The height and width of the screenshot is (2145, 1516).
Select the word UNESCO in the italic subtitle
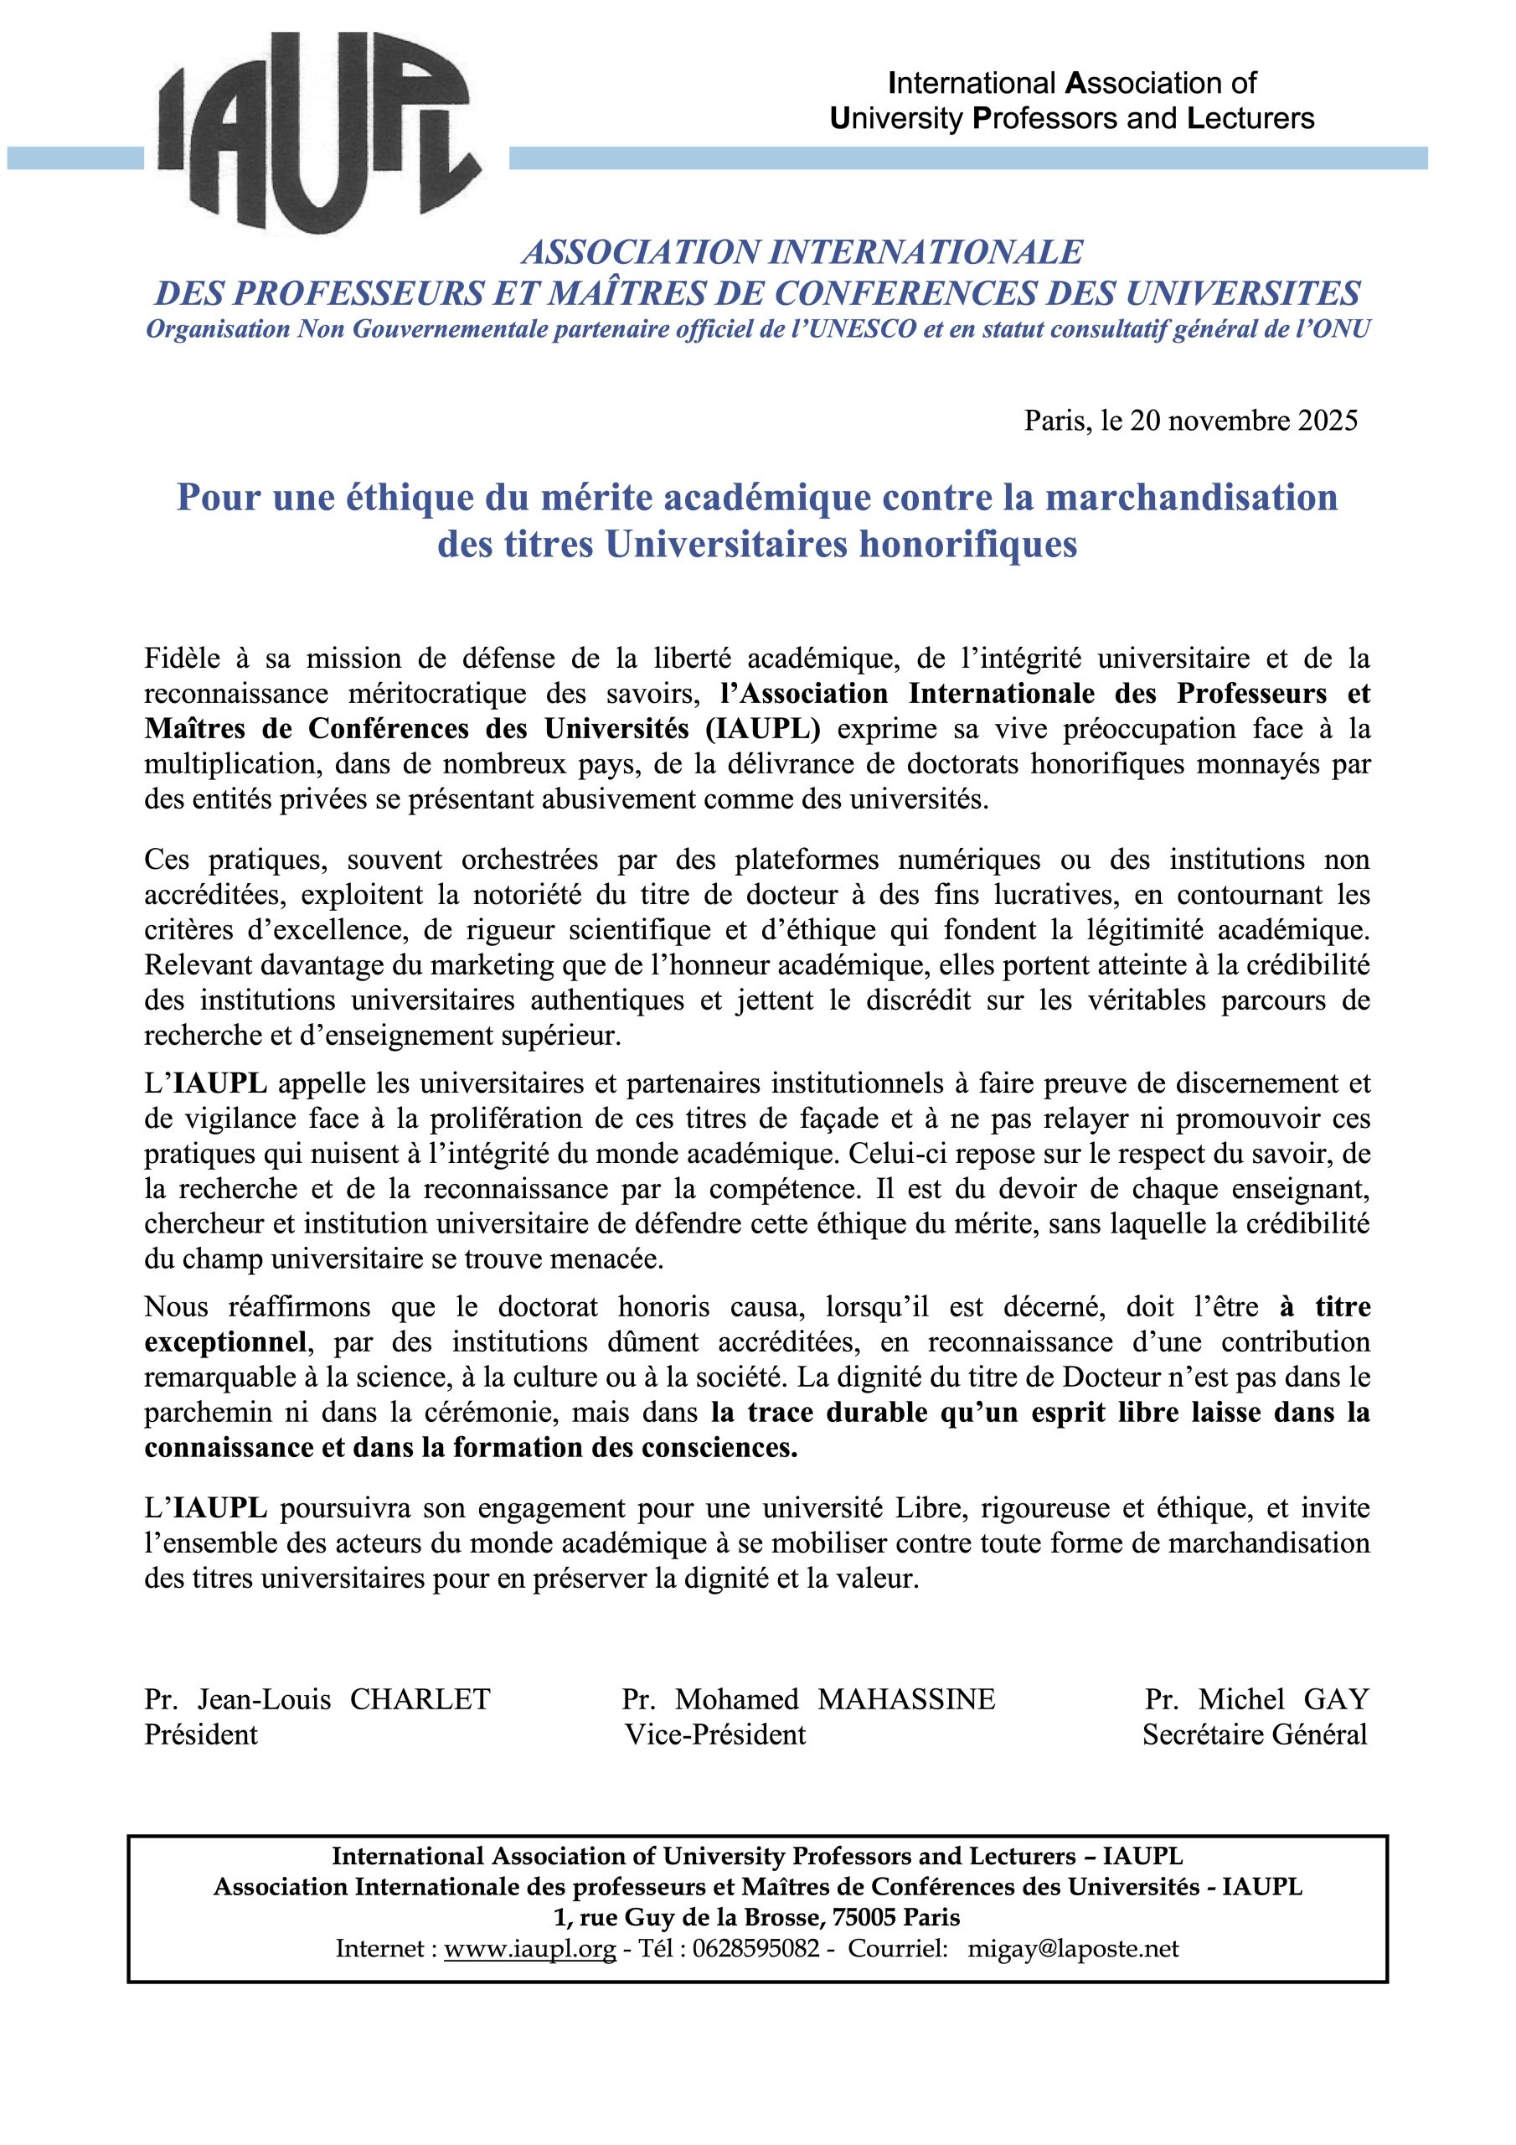point(854,331)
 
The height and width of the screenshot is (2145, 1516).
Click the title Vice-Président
point(714,1735)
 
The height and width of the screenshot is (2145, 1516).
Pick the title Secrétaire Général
point(1254,1735)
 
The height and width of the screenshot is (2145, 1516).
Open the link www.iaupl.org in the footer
point(529,1950)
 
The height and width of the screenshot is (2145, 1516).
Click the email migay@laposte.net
point(1073,1950)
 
